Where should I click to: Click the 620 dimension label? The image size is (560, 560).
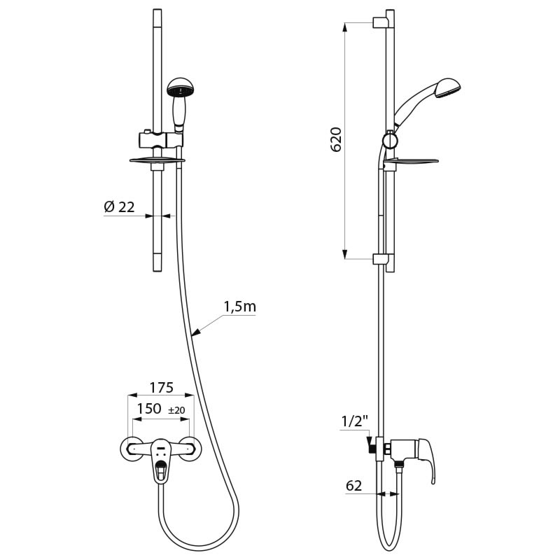coord(337,141)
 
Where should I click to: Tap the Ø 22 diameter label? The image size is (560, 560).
coord(119,206)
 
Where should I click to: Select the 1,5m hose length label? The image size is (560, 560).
coord(240,306)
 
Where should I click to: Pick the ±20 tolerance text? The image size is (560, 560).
coord(177,409)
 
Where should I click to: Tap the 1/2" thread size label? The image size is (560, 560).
coord(354,422)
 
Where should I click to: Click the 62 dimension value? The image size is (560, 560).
coord(355,485)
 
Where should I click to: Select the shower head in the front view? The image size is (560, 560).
coord(180,89)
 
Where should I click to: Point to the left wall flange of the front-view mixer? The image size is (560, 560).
coord(131,449)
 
